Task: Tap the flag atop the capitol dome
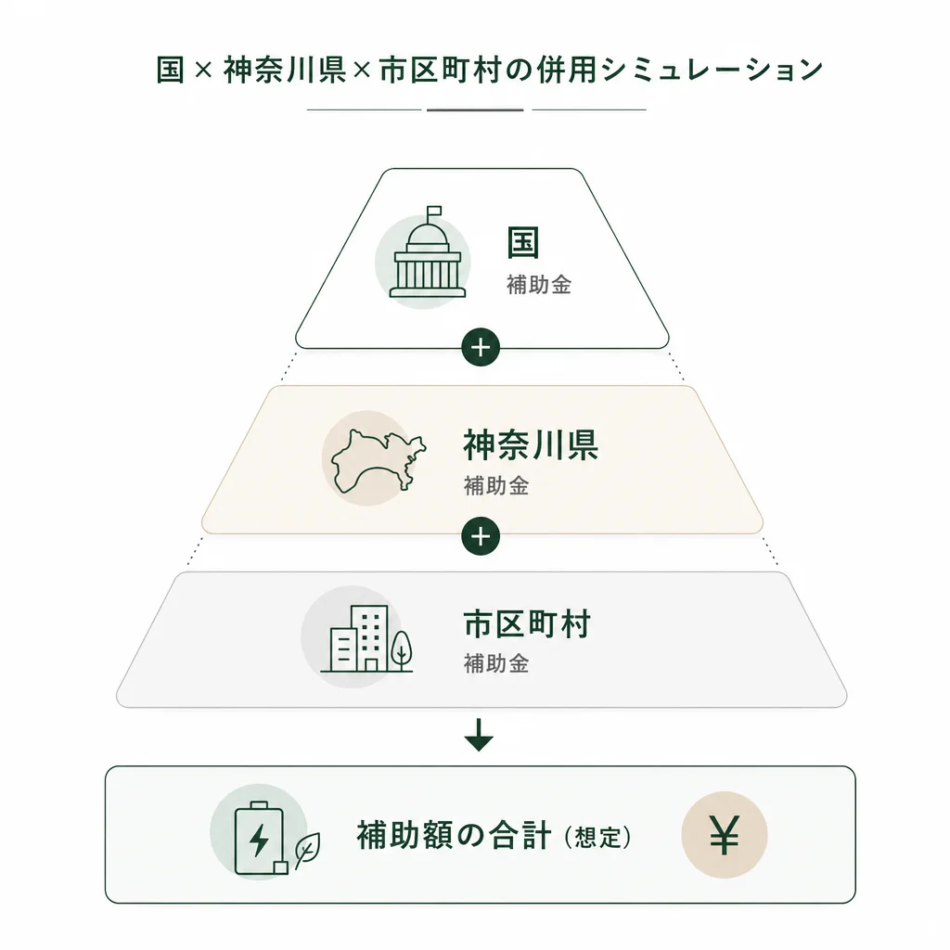point(434,212)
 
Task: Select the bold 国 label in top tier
point(523,243)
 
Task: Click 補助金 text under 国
point(538,285)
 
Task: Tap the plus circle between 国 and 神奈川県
point(481,348)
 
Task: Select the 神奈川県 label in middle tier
point(531,446)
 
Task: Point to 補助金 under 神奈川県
point(495,485)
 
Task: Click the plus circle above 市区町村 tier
point(481,536)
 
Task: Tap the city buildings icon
point(359,638)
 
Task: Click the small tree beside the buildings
point(401,648)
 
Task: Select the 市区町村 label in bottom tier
point(526,624)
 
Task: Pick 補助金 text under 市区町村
point(495,663)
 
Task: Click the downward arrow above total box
point(480,735)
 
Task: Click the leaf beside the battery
point(307,849)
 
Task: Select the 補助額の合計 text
point(454,836)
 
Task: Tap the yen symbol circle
point(724,835)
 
